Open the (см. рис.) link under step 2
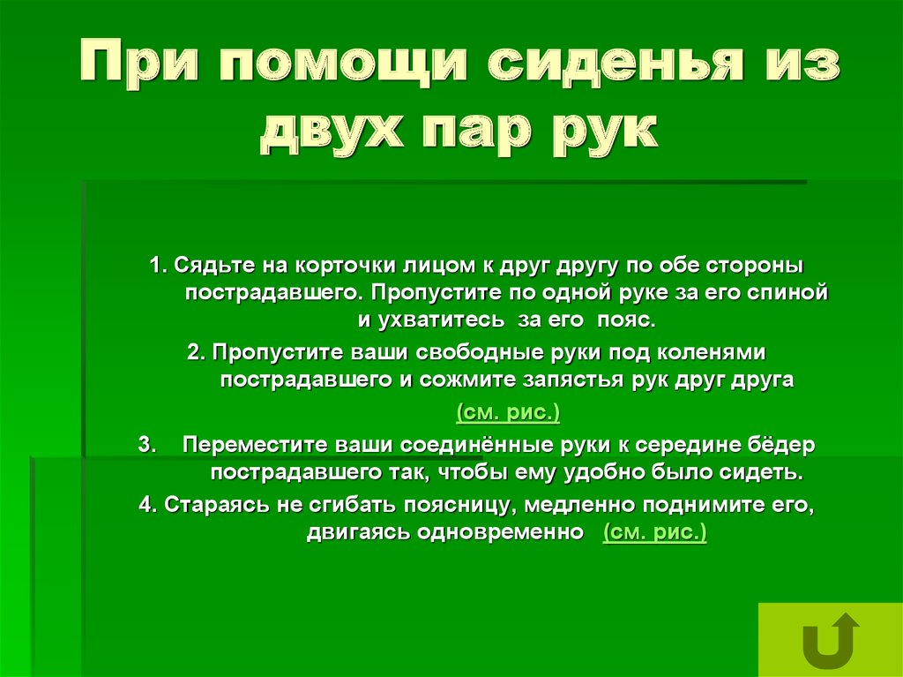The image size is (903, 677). coord(508,413)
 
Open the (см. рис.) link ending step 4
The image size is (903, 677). coord(654,533)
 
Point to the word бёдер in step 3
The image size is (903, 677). coord(782,446)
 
